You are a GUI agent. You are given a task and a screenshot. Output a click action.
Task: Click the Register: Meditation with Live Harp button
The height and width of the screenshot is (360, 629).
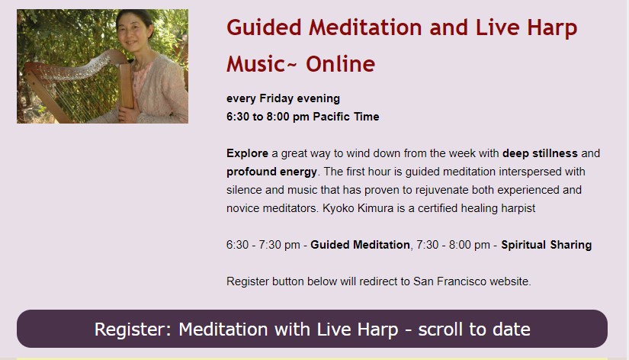[x=312, y=329]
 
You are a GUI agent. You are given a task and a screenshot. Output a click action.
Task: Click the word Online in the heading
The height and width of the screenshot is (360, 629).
[x=341, y=64]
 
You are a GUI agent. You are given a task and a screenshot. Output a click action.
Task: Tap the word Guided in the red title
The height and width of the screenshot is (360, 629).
[x=264, y=27]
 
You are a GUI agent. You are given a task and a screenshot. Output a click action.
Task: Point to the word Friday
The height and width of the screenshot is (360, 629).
[x=277, y=98]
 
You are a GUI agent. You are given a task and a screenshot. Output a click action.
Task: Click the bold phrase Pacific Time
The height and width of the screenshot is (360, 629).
[x=346, y=117]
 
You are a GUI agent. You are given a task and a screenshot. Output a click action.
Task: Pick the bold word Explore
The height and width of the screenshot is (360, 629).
[x=247, y=154]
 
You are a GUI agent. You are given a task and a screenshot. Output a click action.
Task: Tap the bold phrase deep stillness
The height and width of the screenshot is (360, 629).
[x=540, y=153]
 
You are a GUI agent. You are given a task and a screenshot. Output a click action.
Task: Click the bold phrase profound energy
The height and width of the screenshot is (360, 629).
[x=271, y=172]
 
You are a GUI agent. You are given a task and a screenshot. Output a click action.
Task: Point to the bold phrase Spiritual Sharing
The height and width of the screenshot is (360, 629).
[x=547, y=245]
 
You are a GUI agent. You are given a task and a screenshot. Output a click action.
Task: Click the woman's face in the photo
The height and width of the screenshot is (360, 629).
[x=133, y=32]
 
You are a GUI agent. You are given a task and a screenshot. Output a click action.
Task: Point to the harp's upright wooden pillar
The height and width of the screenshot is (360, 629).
[x=126, y=85]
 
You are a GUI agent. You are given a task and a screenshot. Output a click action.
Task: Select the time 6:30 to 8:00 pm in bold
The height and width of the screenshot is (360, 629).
[x=268, y=117]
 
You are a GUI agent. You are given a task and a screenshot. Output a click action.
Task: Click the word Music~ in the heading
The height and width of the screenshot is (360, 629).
[x=262, y=64]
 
